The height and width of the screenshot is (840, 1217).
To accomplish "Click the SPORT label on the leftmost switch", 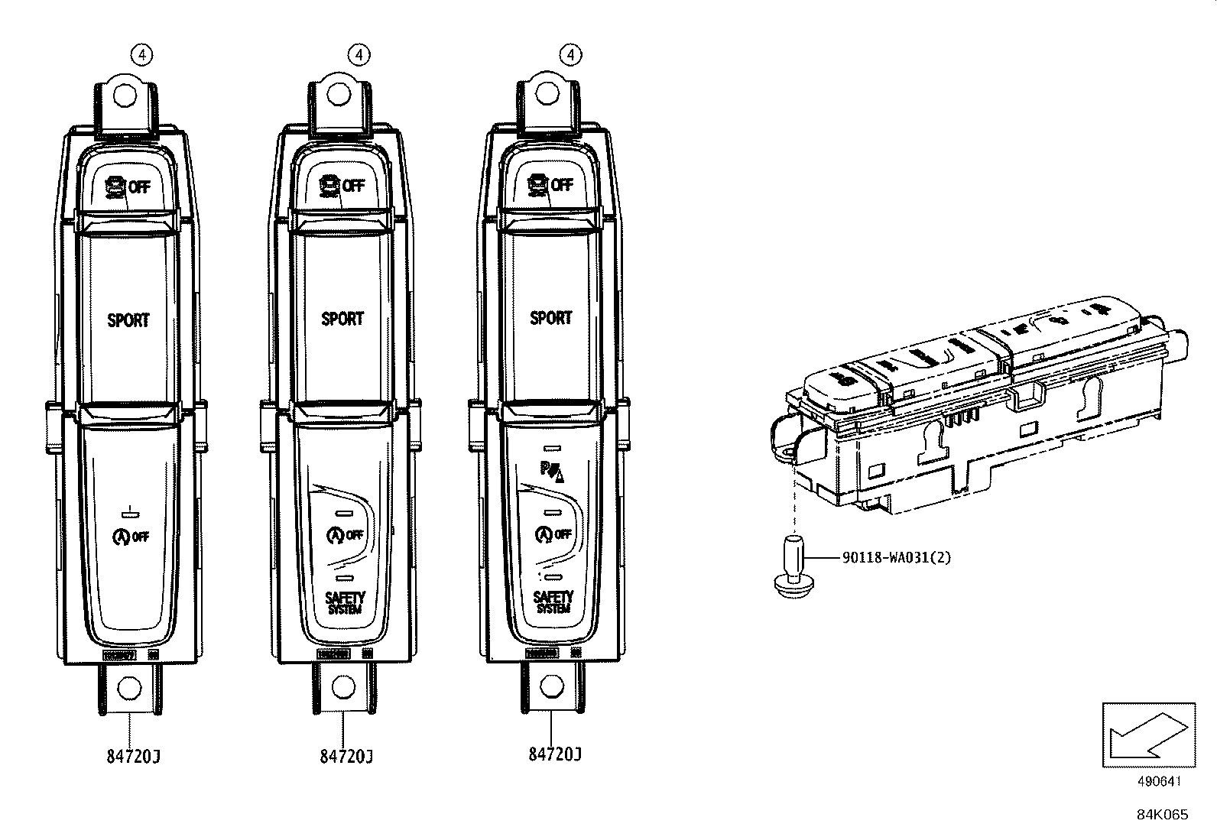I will click(x=128, y=320).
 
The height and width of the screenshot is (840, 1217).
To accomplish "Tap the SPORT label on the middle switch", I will click(x=342, y=319).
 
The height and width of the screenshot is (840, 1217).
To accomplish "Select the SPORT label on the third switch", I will click(x=551, y=317).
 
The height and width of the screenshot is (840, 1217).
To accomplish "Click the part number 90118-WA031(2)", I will click(x=897, y=558).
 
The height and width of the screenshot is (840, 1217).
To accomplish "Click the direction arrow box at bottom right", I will click(x=1148, y=735).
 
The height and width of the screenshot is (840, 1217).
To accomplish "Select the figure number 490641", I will click(x=1160, y=782).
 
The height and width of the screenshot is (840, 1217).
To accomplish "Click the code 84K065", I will click(x=1162, y=815).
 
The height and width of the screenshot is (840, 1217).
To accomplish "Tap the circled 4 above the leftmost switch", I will click(x=142, y=54).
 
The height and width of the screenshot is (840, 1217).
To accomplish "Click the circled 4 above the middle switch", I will click(x=359, y=54).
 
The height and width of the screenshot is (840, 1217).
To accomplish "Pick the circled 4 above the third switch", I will click(x=570, y=54).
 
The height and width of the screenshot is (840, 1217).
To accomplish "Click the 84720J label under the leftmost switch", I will click(x=133, y=757).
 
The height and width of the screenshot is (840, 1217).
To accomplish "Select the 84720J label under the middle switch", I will click(x=346, y=757).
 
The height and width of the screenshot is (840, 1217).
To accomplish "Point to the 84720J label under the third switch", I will click(x=555, y=754).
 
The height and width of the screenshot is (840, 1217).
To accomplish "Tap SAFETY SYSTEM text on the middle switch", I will click(x=345, y=602).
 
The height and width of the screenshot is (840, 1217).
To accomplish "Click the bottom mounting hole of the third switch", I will click(x=550, y=686).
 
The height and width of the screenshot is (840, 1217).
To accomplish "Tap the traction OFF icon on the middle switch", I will click(x=341, y=186).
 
